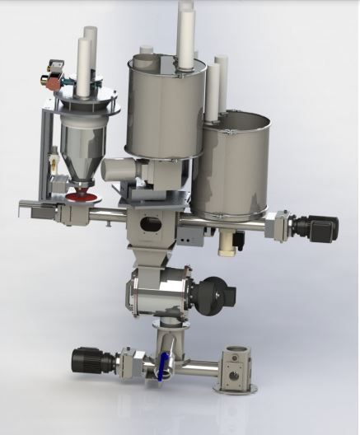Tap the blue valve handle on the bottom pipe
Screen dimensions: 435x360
coord(163,362)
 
